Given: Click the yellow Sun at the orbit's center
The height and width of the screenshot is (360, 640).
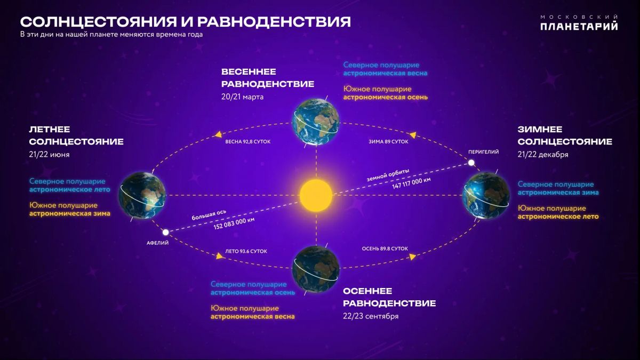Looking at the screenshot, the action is tap(316, 195).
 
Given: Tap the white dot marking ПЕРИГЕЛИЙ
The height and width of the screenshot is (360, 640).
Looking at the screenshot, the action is tap(471, 163).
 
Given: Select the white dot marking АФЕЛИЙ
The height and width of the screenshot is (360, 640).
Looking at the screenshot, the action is tap(165, 233).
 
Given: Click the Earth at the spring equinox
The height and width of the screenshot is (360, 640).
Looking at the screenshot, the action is tap(316, 122).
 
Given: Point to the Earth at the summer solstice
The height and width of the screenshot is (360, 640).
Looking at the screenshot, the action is tap(142, 195).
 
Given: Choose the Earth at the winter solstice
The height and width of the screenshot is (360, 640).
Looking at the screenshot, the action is tap(486, 195).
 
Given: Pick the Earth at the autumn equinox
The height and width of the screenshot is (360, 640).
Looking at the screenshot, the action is tap(316, 269).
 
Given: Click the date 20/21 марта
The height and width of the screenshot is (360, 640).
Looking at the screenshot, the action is tap(242, 97).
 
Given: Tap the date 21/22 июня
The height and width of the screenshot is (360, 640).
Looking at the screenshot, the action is tap(49, 155).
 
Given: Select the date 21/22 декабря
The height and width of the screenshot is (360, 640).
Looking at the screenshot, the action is tap(543, 155).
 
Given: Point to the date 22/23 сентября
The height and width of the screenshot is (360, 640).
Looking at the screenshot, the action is tap(371, 316).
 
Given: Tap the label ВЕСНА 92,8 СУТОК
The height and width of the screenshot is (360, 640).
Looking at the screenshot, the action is tap(247, 142).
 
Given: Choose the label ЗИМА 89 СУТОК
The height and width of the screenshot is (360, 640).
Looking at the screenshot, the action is tap(388, 142).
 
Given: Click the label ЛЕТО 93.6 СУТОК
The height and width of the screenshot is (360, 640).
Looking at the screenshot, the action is tap(246, 251).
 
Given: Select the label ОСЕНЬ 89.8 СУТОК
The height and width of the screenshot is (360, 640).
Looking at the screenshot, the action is tap(385, 249).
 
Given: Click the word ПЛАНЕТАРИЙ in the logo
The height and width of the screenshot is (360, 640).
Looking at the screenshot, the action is tap(579, 26).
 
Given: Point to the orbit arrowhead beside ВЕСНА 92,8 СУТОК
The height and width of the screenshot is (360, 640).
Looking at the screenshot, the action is tap(219, 134).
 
